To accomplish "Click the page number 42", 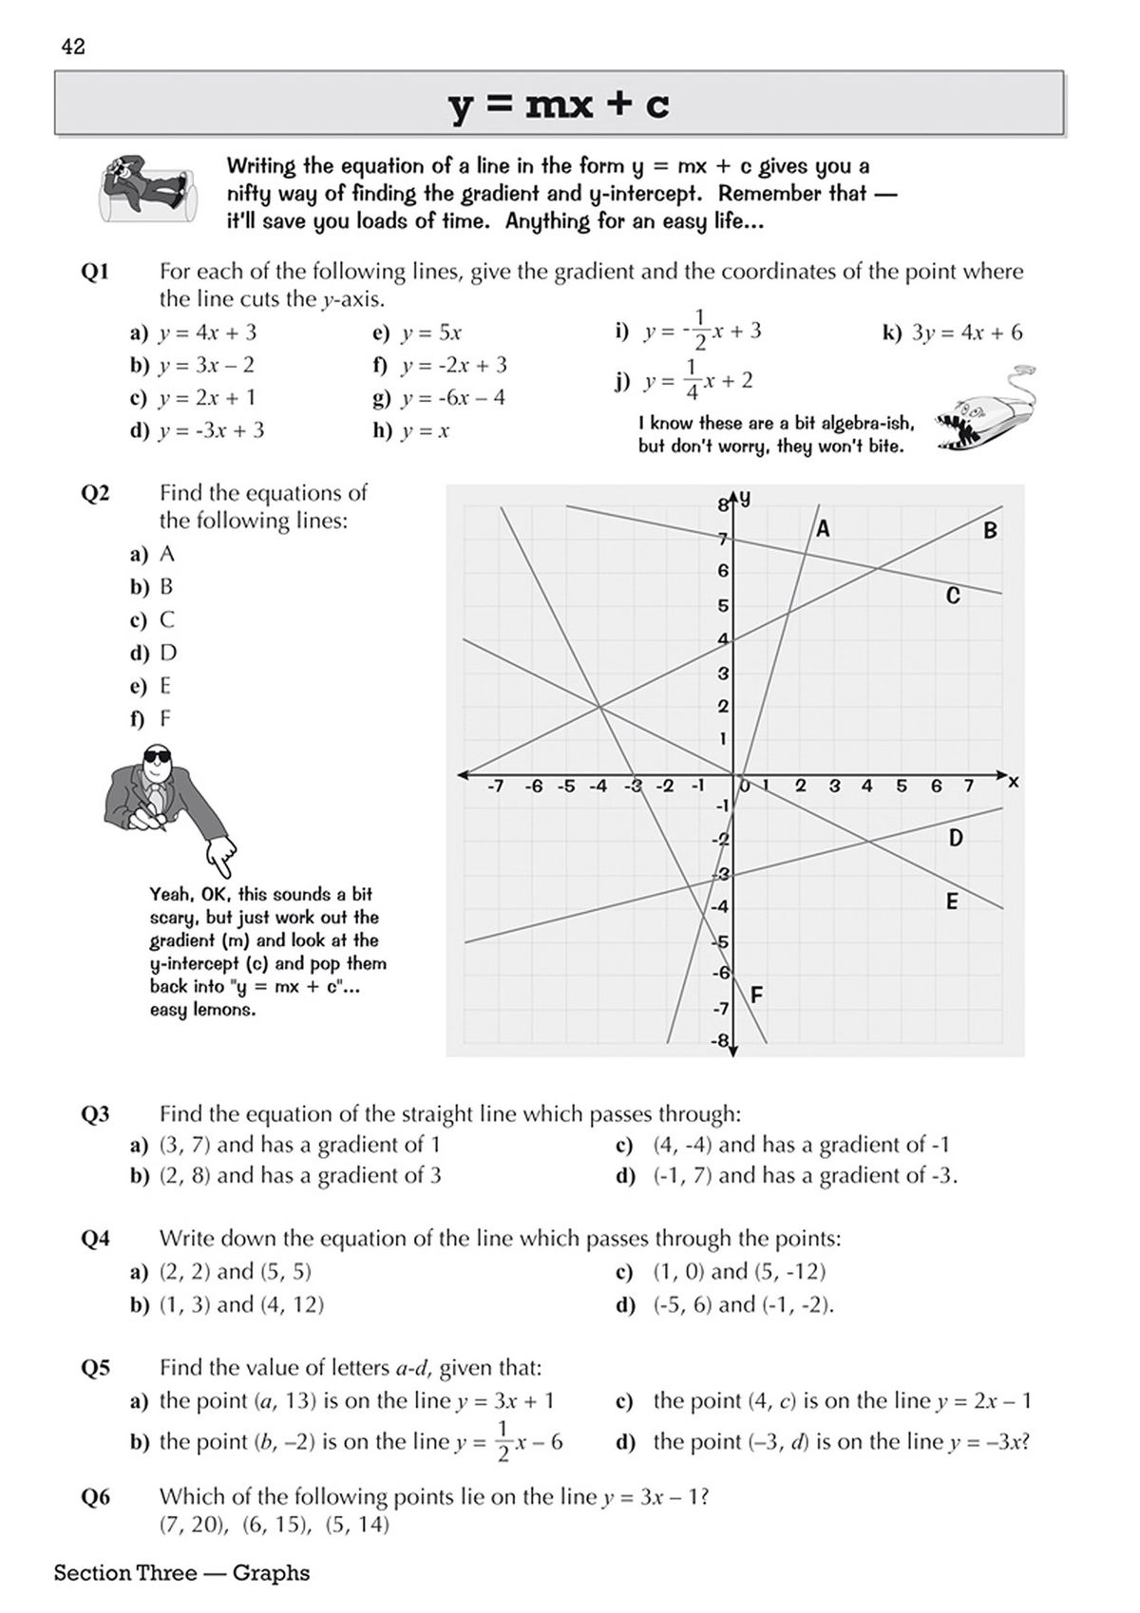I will click(73, 47).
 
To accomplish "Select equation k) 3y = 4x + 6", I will click(953, 332).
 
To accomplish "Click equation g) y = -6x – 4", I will click(440, 397).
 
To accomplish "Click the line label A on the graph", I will click(823, 528).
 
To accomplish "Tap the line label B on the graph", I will click(990, 530).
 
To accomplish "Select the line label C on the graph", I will click(954, 596).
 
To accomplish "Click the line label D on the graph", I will click(956, 838).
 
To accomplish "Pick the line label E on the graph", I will click(952, 902).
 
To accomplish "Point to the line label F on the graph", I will click(756, 996).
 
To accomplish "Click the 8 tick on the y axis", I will click(723, 505).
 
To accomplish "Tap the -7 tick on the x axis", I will click(494, 787).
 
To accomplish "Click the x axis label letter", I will click(1013, 782).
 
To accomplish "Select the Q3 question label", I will click(96, 1114).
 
